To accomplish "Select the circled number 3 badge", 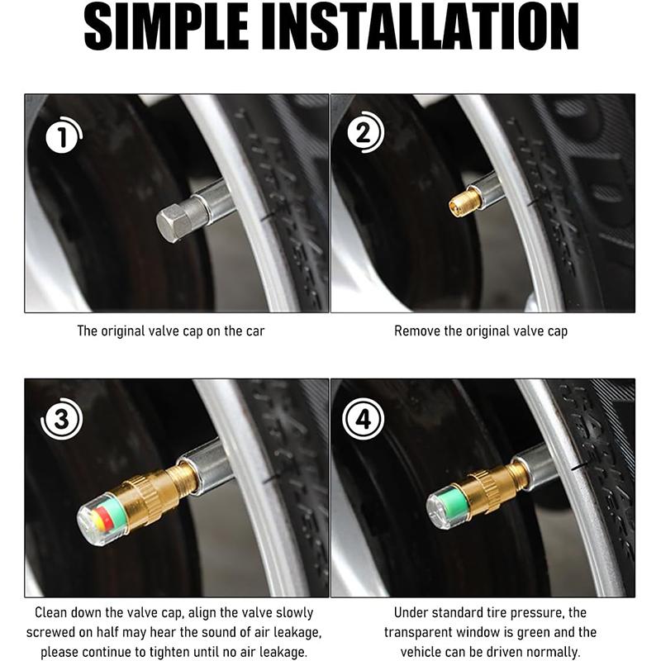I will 61,422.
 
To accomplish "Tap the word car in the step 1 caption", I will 254,331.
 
